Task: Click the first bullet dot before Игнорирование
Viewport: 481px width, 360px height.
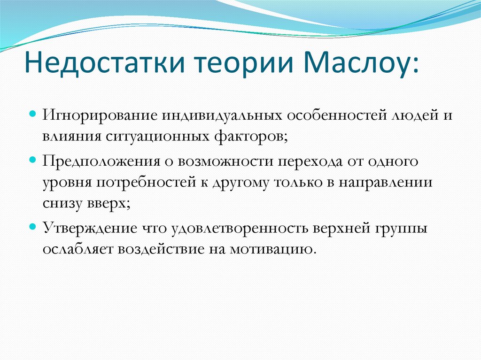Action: click(33, 115)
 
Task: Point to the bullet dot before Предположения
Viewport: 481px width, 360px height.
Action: click(33, 160)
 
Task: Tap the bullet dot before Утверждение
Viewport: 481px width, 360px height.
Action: click(33, 226)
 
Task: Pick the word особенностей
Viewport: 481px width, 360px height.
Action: click(335, 115)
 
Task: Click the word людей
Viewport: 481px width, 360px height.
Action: click(414, 115)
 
